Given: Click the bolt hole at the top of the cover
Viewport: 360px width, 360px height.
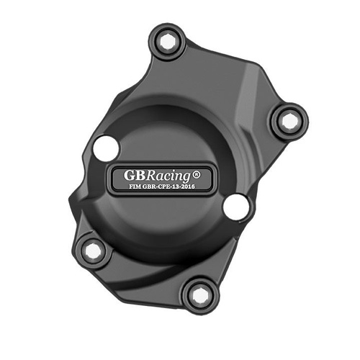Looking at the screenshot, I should pos(167,42).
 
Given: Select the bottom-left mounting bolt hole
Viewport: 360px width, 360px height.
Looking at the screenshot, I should pos(93,250).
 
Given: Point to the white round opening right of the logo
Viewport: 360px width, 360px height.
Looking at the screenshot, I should pos(235,207).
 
